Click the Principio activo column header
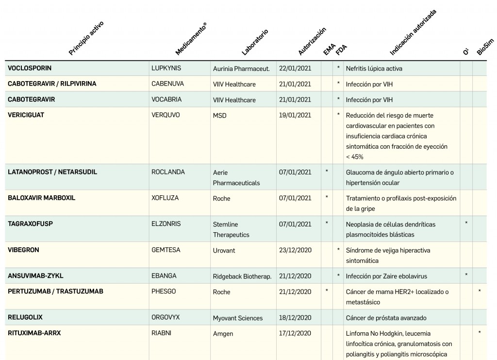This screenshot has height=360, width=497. pos(86,38)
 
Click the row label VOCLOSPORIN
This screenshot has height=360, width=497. pos(30,68)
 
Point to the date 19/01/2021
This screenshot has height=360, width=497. pos(295,115)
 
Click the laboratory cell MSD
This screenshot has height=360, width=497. pos(219,116)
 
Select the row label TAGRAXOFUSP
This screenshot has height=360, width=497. pos(30,224)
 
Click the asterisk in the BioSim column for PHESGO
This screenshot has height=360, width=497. pos(480,291)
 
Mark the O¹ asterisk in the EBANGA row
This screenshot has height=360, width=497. pos(466,275)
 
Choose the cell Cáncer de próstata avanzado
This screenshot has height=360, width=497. pos(386,318)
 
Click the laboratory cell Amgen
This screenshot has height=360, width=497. pos(223,334)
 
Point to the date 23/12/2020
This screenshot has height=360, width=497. pos(295,250)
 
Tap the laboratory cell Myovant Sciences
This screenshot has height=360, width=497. pos(237,318)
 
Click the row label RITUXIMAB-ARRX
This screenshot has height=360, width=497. pos(34,333)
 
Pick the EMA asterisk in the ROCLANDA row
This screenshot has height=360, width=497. pos(327,171)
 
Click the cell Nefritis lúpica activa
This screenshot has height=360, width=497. pos(374,69)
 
